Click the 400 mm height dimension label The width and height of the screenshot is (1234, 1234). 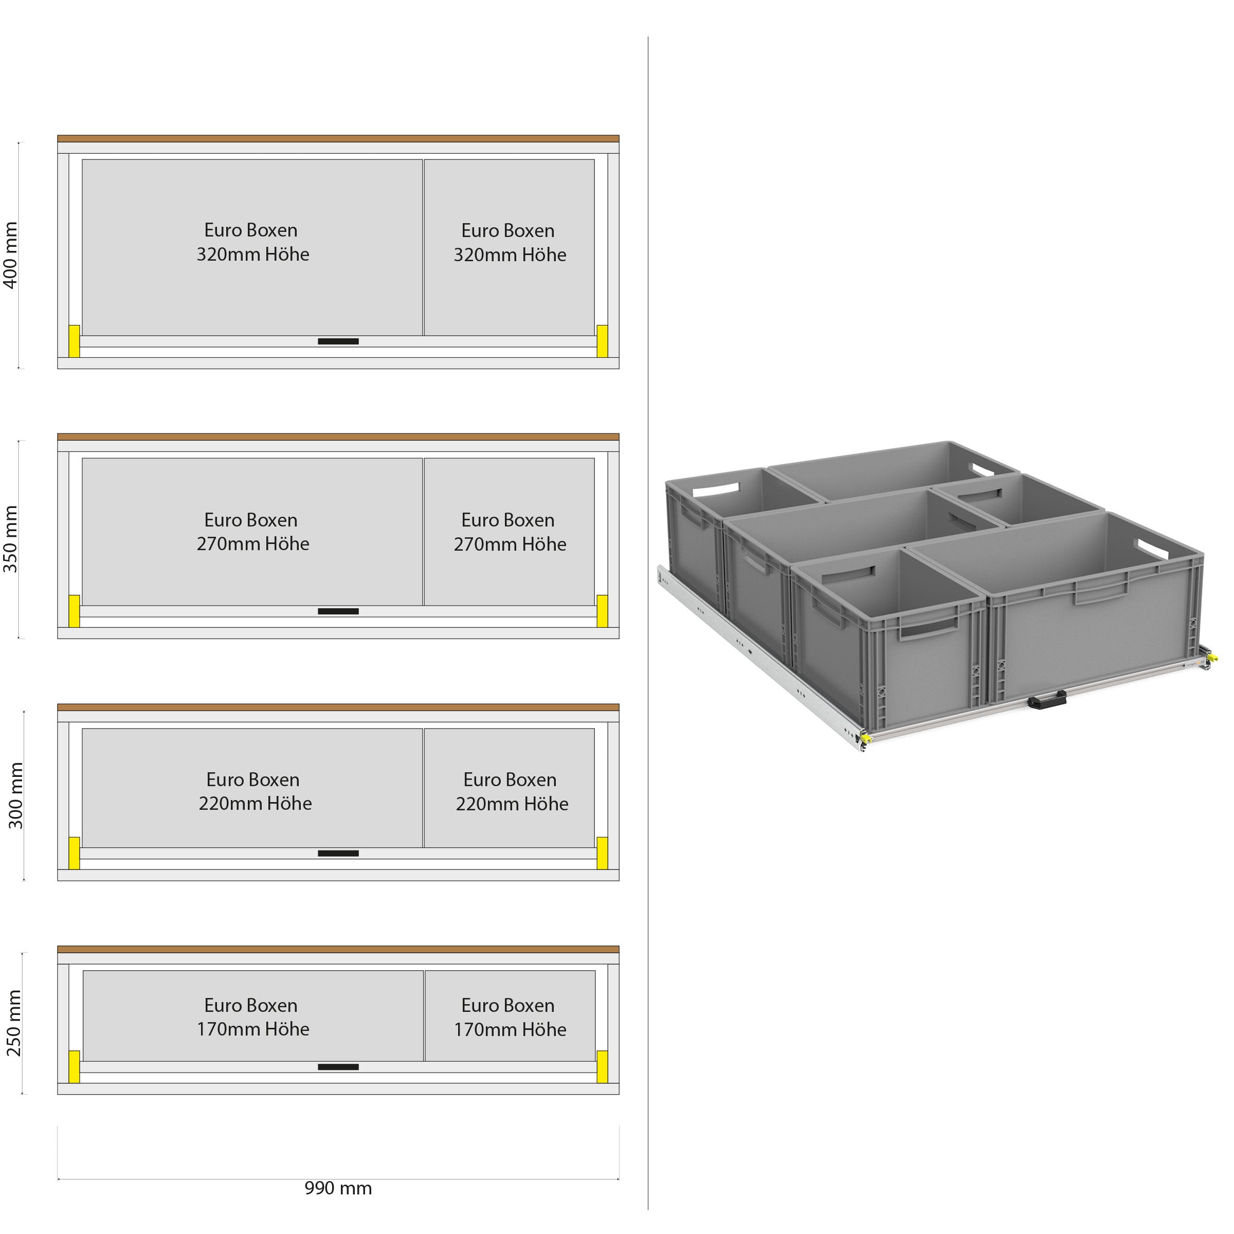point(11,256)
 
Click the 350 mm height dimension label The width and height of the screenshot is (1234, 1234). point(11,538)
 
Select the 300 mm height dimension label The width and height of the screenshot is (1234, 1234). point(15,795)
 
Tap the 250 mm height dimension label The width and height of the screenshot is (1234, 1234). point(14,1023)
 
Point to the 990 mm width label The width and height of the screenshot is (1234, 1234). point(338,1188)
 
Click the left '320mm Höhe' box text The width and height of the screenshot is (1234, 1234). point(253,254)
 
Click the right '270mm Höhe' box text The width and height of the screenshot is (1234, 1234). point(510,544)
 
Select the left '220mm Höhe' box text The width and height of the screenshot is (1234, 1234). point(255,804)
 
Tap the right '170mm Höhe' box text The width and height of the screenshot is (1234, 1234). point(510,1029)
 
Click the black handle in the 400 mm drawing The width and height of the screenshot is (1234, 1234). point(338,341)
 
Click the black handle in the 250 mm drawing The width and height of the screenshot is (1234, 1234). point(338,1067)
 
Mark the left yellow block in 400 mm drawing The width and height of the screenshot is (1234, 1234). point(74,341)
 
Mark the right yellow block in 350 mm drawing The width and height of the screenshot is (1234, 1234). point(602,611)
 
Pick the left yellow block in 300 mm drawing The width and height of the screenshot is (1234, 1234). point(74,854)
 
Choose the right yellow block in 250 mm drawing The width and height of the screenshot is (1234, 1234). point(602,1067)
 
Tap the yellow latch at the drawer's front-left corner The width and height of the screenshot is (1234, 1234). point(865,738)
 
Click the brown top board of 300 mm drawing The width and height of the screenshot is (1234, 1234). point(338,707)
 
